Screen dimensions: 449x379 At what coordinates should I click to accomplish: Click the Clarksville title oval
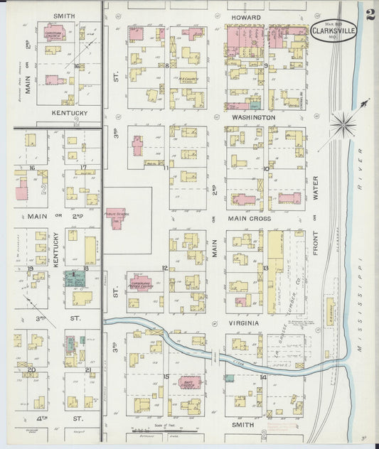pos(333,31)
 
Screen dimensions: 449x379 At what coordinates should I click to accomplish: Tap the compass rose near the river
pos(343,126)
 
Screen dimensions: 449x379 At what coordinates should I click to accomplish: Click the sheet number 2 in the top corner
pos(370,15)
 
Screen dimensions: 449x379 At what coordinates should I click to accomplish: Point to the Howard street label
pos(247,17)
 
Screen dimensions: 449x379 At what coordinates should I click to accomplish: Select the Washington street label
pos(253,117)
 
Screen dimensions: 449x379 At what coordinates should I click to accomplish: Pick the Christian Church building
pos(55,34)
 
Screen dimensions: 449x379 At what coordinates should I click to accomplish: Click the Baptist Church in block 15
pos(190,383)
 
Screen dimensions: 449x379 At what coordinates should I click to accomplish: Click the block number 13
pos(265,268)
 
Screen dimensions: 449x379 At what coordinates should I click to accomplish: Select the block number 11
pos(166,168)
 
